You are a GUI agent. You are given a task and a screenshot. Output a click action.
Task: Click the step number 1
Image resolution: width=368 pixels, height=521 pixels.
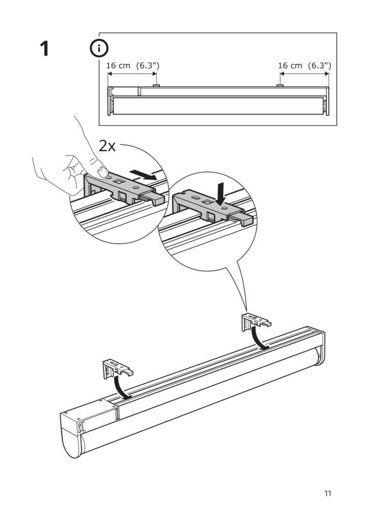(x=44, y=49)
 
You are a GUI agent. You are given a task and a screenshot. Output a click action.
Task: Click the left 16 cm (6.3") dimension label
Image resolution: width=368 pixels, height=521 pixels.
(x=133, y=66)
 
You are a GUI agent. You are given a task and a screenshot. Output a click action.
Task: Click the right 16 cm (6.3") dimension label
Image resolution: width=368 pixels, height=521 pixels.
(x=304, y=66)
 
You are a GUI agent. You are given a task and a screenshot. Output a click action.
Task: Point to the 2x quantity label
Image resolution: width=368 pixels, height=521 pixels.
(x=108, y=146)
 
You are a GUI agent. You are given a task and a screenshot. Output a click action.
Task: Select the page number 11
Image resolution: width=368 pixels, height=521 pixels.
(x=328, y=494)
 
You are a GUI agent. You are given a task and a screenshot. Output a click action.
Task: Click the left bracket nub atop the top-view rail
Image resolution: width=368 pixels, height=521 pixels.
(x=156, y=85)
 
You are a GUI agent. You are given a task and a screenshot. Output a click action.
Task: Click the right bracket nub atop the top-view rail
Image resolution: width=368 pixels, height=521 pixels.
(x=280, y=85)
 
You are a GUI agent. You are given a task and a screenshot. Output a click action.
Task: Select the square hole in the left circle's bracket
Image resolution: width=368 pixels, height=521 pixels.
(x=118, y=182)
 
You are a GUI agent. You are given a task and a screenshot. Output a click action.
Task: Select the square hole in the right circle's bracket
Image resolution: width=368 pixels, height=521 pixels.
(x=206, y=202)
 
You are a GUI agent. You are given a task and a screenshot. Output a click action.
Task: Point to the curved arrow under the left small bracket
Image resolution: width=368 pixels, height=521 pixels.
(x=120, y=387)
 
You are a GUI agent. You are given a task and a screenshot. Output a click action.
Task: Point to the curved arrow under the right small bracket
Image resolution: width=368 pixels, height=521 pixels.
(x=258, y=338)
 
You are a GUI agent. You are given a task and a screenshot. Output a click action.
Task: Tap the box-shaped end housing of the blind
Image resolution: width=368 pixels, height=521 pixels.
(x=89, y=422)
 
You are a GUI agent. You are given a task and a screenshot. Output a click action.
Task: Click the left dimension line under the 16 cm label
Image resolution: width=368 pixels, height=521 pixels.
(x=132, y=74)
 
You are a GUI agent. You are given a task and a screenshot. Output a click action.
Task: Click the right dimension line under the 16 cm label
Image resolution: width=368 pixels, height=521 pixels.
(x=304, y=74)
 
